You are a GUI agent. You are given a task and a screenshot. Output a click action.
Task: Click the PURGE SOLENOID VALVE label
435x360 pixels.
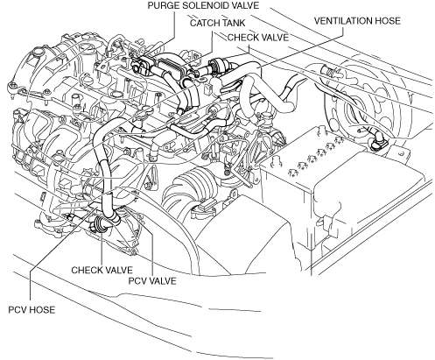click(x=203, y=6)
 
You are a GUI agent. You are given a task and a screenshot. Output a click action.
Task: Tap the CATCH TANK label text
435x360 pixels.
click(x=217, y=23)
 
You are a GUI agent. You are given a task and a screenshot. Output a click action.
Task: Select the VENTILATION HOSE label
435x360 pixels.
click(x=357, y=21)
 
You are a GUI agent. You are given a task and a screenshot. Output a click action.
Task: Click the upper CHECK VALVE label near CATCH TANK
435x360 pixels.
click(x=258, y=38)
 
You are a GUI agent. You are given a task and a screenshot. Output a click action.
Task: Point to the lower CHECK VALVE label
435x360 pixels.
click(x=102, y=270)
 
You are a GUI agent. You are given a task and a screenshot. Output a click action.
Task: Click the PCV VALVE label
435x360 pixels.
click(x=152, y=281)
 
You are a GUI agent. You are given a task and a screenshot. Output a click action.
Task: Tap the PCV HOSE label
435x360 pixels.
click(x=32, y=310)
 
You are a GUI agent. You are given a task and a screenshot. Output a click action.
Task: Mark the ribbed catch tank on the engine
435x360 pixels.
click(x=172, y=67)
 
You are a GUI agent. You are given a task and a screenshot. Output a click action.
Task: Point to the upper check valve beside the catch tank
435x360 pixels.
click(x=218, y=66)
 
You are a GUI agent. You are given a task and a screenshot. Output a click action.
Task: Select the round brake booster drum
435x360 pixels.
click(x=370, y=103)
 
